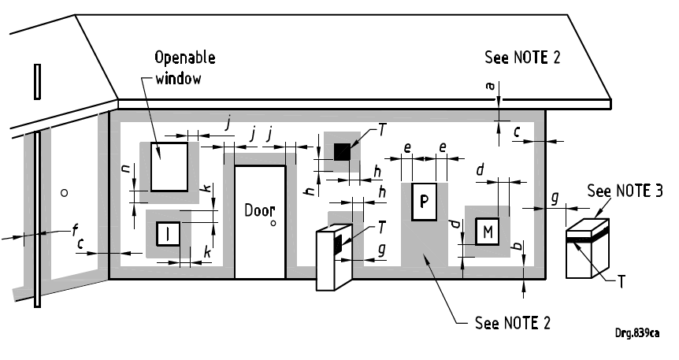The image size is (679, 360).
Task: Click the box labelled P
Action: tap(424, 202)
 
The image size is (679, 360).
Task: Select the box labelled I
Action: tap(169, 234)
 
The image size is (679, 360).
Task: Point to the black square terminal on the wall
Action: tap(341, 151)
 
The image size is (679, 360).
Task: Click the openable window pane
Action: tap(169, 166)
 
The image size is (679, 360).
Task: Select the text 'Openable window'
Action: tap(184, 68)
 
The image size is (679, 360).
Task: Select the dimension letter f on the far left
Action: tap(75, 230)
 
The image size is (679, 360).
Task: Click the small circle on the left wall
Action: tap(65, 192)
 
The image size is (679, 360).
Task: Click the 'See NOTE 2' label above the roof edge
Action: tap(522, 58)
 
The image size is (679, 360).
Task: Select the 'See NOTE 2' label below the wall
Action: tap(513, 322)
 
